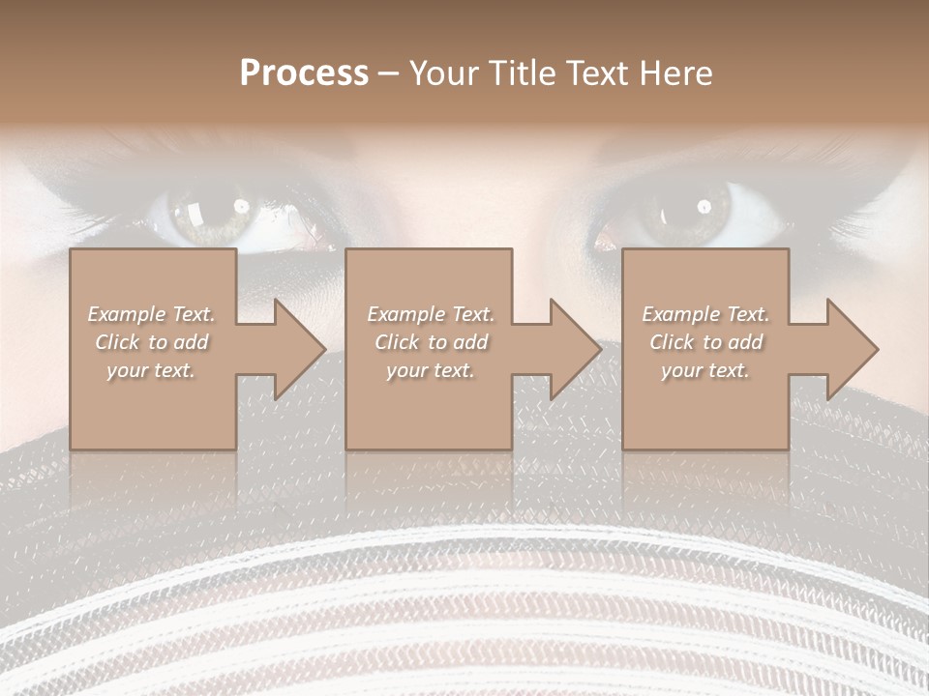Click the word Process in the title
(x=304, y=73)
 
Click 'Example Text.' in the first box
(x=152, y=314)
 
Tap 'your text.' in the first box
(x=152, y=370)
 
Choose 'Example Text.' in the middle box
(x=431, y=314)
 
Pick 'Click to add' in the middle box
(x=431, y=342)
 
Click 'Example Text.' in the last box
(x=705, y=314)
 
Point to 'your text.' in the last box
(x=705, y=370)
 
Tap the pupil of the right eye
(x=699, y=209)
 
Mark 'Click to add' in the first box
(x=152, y=342)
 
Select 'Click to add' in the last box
(x=705, y=342)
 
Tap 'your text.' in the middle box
(x=431, y=370)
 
